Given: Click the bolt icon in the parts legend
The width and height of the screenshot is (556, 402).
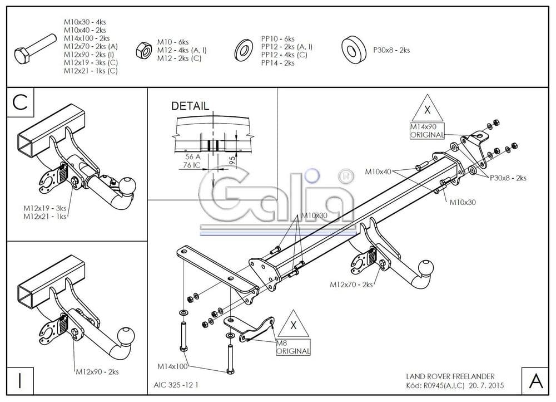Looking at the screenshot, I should [34, 48].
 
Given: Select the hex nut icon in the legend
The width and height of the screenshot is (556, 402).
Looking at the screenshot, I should [143, 51].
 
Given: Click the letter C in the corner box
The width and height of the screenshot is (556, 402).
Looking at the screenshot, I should [21, 103].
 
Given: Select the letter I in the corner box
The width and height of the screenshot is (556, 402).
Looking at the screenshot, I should [20, 381].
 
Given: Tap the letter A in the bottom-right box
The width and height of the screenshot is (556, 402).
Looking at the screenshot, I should [536, 381].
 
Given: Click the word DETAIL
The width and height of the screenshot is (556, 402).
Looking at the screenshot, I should [190, 106].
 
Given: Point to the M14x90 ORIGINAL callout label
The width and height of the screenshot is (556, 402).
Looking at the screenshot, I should [427, 131].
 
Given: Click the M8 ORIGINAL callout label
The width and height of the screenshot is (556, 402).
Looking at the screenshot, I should [292, 347].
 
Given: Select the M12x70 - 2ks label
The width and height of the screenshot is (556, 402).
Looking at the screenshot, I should [352, 285].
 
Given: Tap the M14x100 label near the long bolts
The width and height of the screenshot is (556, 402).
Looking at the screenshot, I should [172, 366].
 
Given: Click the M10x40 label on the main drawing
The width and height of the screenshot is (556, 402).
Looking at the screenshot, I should [379, 171].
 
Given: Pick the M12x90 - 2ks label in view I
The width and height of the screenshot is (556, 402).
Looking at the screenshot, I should [98, 372].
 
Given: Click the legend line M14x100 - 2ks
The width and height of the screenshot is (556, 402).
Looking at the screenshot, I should [86, 38].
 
